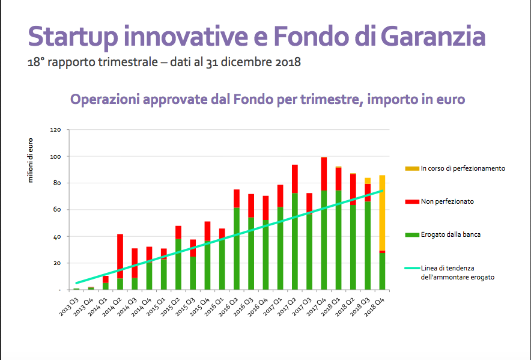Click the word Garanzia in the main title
click(x=433, y=36)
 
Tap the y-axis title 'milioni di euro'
click(x=31, y=160)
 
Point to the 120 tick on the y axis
click(x=55, y=130)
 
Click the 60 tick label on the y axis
click(x=57, y=210)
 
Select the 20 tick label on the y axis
click(x=57, y=263)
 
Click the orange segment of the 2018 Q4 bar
click(x=382, y=213)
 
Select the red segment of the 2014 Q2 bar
click(x=120, y=256)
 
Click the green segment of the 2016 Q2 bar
click(x=237, y=249)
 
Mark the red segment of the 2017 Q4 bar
click(x=324, y=174)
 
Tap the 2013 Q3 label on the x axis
click(x=69, y=307)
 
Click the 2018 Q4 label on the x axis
click(x=375, y=307)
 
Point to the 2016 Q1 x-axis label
click(x=214, y=307)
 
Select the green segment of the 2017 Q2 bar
click(x=294, y=242)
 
